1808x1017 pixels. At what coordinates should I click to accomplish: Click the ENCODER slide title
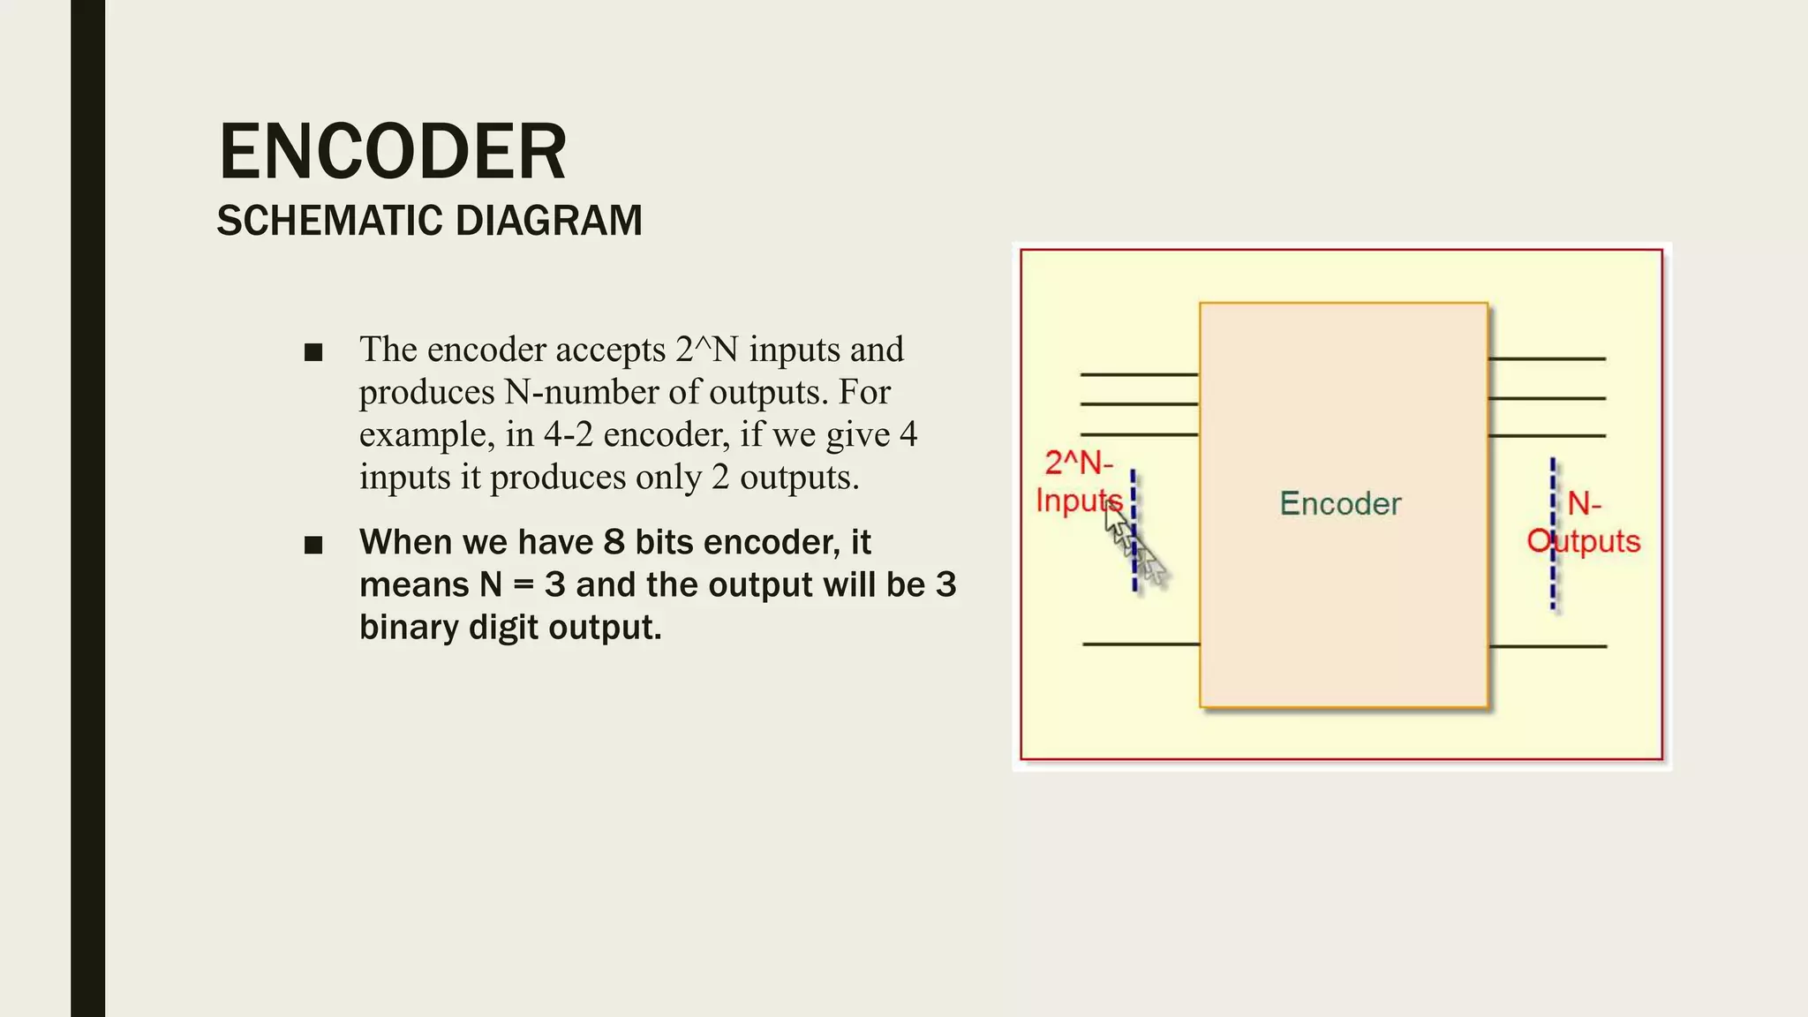tap(392, 152)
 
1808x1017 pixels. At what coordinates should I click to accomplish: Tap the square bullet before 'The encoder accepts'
tap(313, 353)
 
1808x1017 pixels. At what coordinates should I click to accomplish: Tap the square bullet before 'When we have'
tap(313, 545)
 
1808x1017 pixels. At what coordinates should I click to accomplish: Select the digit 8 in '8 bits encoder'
tap(614, 542)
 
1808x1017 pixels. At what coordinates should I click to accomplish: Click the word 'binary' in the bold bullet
tap(409, 628)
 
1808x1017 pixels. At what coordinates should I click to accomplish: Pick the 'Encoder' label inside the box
tap(1340, 504)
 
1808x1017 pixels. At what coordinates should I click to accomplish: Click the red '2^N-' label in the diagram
tap(1079, 463)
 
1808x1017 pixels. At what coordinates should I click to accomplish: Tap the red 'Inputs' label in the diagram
tap(1078, 501)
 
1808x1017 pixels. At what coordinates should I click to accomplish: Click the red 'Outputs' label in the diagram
tap(1584, 541)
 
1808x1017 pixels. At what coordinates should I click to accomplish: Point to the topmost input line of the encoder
tap(1139, 374)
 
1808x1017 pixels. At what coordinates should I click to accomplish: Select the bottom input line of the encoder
tap(1141, 644)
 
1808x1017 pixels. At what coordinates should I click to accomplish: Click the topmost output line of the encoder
tap(1547, 358)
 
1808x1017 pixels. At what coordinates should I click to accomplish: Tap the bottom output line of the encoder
tap(1548, 646)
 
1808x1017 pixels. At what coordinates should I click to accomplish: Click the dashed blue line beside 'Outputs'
tap(1553, 574)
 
